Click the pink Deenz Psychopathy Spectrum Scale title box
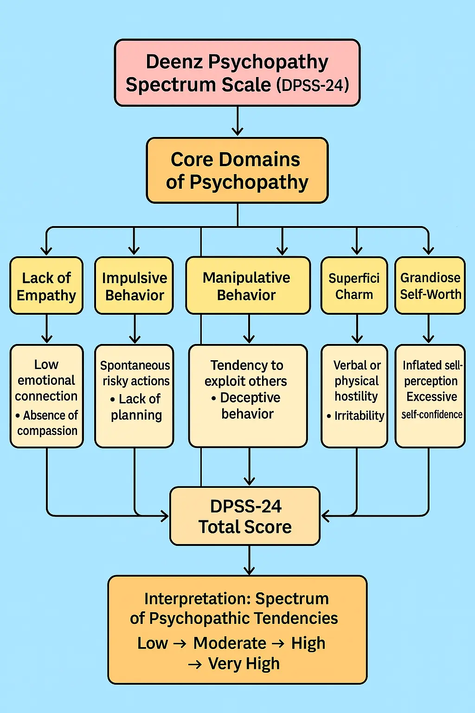(237, 73)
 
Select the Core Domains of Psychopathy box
(237, 170)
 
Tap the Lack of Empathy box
(46, 286)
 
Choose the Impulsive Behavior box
(134, 286)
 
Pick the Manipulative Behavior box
(248, 286)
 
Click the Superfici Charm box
(354, 286)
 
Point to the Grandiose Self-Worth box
(430, 286)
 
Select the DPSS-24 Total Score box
(245, 516)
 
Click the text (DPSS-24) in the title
(313, 86)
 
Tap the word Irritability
(359, 416)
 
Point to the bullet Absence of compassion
(47, 423)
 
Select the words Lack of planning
(137, 407)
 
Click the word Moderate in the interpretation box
(230, 643)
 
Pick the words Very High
(244, 664)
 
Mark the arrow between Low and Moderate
(180, 644)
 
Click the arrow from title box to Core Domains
(237, 122)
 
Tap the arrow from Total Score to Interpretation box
(250, 561)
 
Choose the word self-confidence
(432, 415)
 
